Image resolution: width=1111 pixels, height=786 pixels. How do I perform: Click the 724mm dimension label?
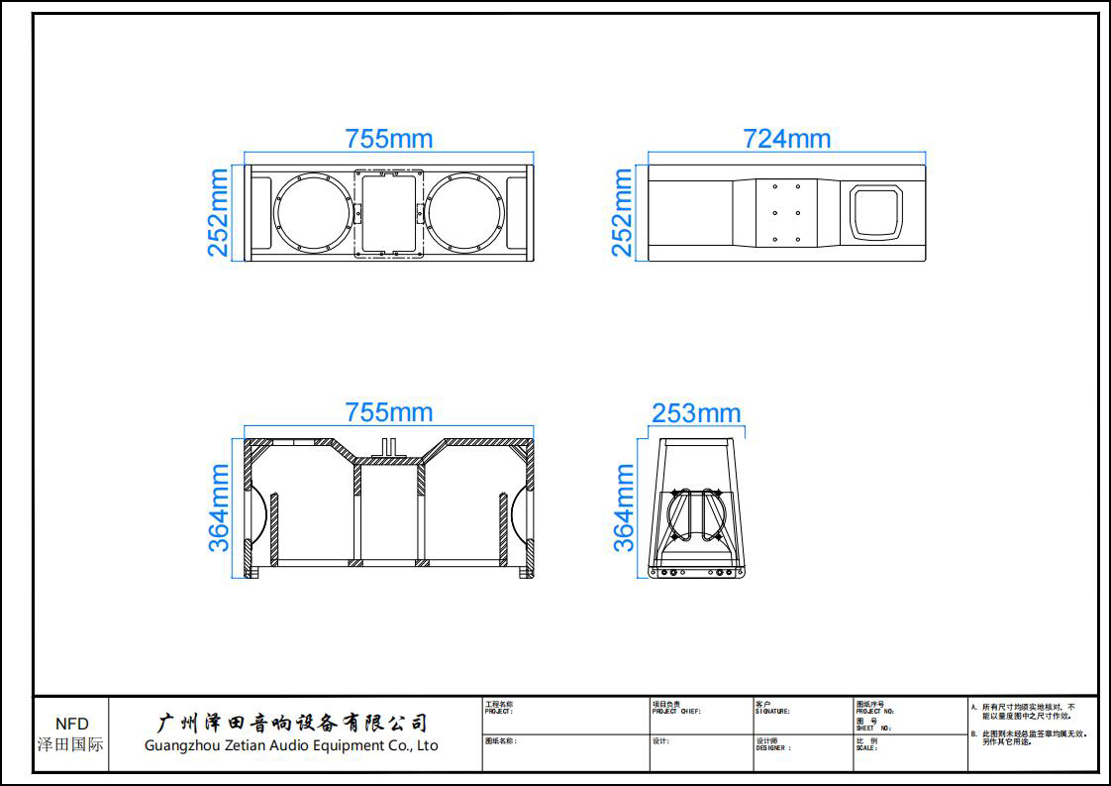786,139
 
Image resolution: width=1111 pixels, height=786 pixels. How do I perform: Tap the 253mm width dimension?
696,412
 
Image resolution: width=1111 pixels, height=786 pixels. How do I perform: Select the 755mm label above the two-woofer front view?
388,139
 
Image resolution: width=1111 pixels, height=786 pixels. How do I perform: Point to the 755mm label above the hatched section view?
388,411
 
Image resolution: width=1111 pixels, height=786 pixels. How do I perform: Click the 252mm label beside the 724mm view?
622,212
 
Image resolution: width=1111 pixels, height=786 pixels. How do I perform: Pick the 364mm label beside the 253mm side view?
625,507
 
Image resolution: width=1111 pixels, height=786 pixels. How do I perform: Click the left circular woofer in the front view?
312,213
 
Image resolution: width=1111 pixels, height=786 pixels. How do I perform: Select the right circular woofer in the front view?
465,213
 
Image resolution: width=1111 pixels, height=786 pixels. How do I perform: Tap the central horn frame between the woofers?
388,213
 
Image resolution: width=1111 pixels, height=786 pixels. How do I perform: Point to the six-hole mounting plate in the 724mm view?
785,212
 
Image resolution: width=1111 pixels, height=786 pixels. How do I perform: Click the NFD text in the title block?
71,724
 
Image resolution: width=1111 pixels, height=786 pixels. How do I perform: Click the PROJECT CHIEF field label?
676,712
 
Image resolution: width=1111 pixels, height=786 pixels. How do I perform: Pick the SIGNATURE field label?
772,712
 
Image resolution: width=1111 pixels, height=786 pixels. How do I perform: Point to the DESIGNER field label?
773,748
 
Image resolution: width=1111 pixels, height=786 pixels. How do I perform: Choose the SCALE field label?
866,748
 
